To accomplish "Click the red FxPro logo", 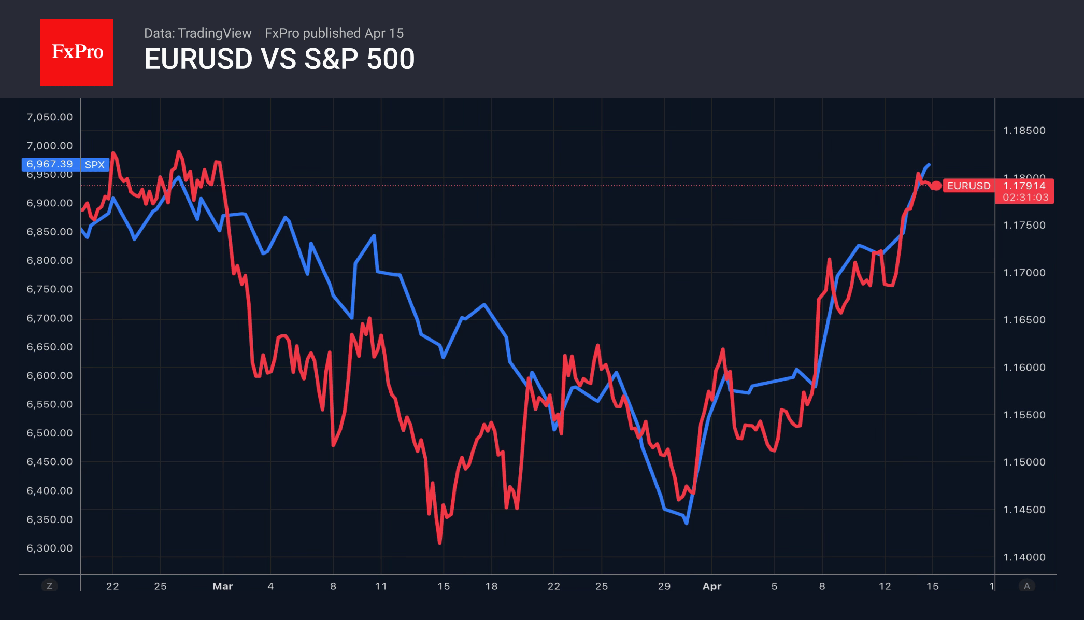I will tap(77, 52).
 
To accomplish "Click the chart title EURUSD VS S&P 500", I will tap(279, 59).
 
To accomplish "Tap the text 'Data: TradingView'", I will tap(197, 33).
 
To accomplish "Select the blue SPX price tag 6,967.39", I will tap(51, 164).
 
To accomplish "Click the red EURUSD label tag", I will tap(968, 186).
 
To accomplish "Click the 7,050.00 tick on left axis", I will tap(50, 117).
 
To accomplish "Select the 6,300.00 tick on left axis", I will tap(50, 548).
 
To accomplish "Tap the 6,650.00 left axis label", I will tap(50, 347).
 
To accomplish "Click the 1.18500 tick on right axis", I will tap(1024, 131).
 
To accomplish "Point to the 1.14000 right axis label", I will tap(1024, 557).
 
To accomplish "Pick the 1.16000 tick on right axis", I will tap(1024, 368).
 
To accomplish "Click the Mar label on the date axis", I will tap(223, 586).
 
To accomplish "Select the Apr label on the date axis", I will tap(711, 586).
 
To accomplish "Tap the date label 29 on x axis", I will tap(664, 586).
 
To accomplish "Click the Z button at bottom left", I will tap(49, 586).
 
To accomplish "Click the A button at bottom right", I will tap(1026, 586).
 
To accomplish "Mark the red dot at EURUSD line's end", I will tap(936, 186).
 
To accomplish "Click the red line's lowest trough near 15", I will tap(439, 543).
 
